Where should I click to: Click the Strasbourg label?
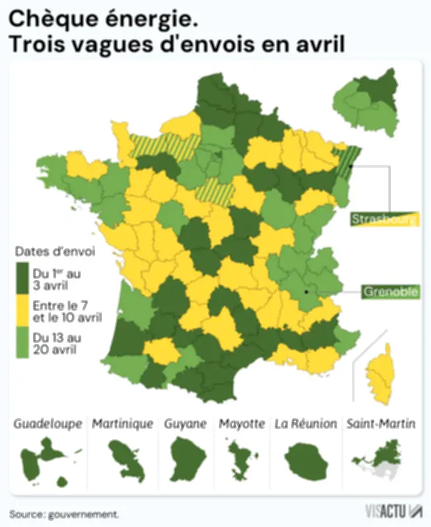pyautogui.click(x=384, y=219)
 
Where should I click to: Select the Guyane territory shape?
pyautogui.click(x=185, y=456)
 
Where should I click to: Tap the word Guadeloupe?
pyautogui.click(x=48, y=424)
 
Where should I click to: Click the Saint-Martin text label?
pyautogui.click(x=381, y=424)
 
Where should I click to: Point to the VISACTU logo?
pyautogui.click(x=393, y=511)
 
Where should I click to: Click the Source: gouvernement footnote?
pyautogui.click(x=65, y=513)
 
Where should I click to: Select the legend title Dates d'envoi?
pyautogui.click(x=55, y=252)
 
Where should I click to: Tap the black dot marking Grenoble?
pyautogui.click(x=306, y=291)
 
